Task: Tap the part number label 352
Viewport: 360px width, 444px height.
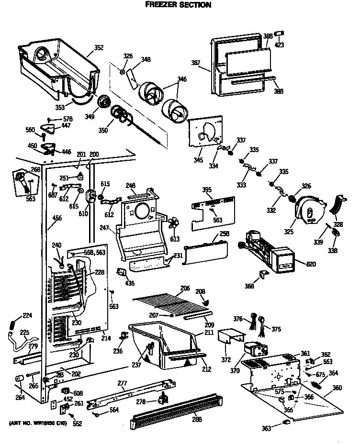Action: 99,47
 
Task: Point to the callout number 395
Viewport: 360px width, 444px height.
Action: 207,190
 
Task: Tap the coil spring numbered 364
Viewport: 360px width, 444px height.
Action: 316,385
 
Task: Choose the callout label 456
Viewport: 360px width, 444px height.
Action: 57,218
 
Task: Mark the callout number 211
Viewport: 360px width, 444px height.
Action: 209,332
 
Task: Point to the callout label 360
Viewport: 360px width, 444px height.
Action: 337,388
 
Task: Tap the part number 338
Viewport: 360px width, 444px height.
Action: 332,250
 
